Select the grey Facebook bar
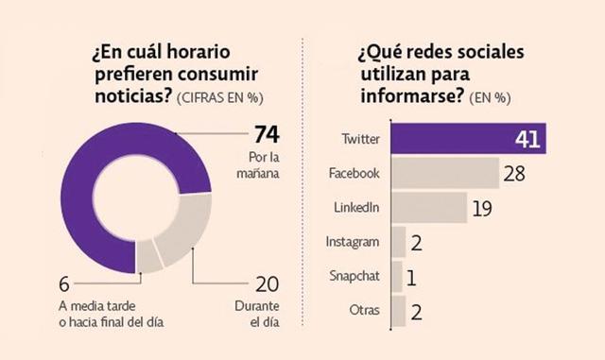444,174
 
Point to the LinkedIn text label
358,208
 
